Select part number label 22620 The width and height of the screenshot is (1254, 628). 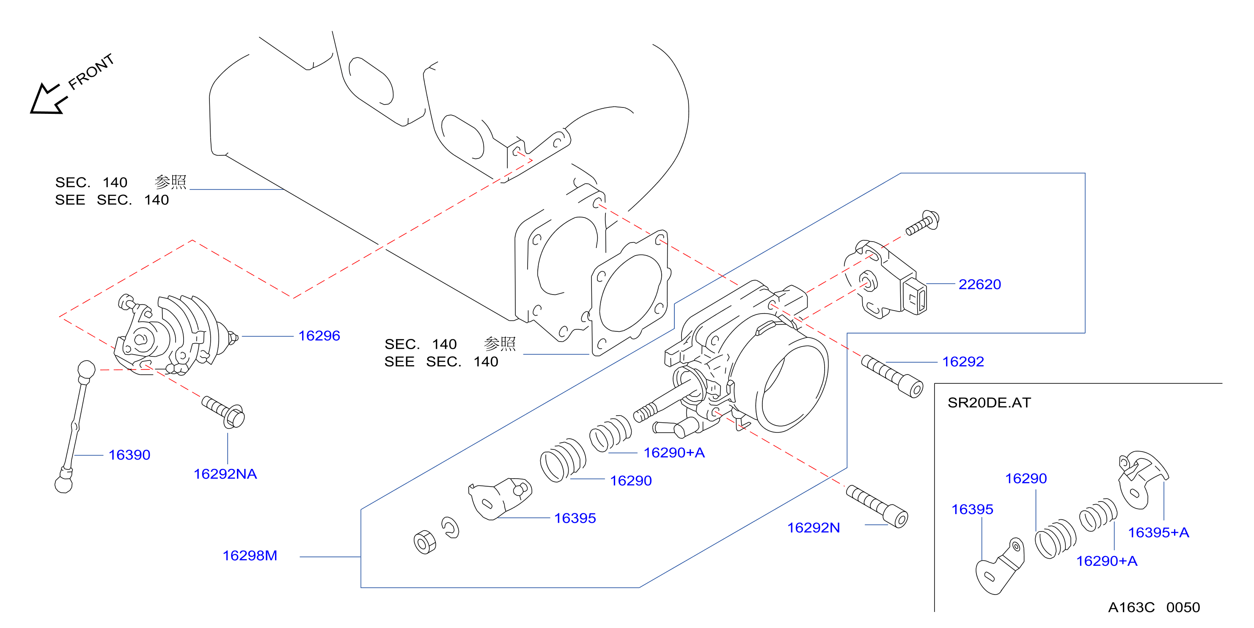coord(979,284)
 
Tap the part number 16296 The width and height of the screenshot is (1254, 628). coord(319,336)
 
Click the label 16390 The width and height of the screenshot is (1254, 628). coord(129,454)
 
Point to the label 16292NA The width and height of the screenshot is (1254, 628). coord(225,474)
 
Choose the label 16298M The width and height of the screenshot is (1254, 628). coord(250,556)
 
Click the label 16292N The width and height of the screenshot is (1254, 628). coord(814,528)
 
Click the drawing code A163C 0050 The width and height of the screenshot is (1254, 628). coord(1154,608)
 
